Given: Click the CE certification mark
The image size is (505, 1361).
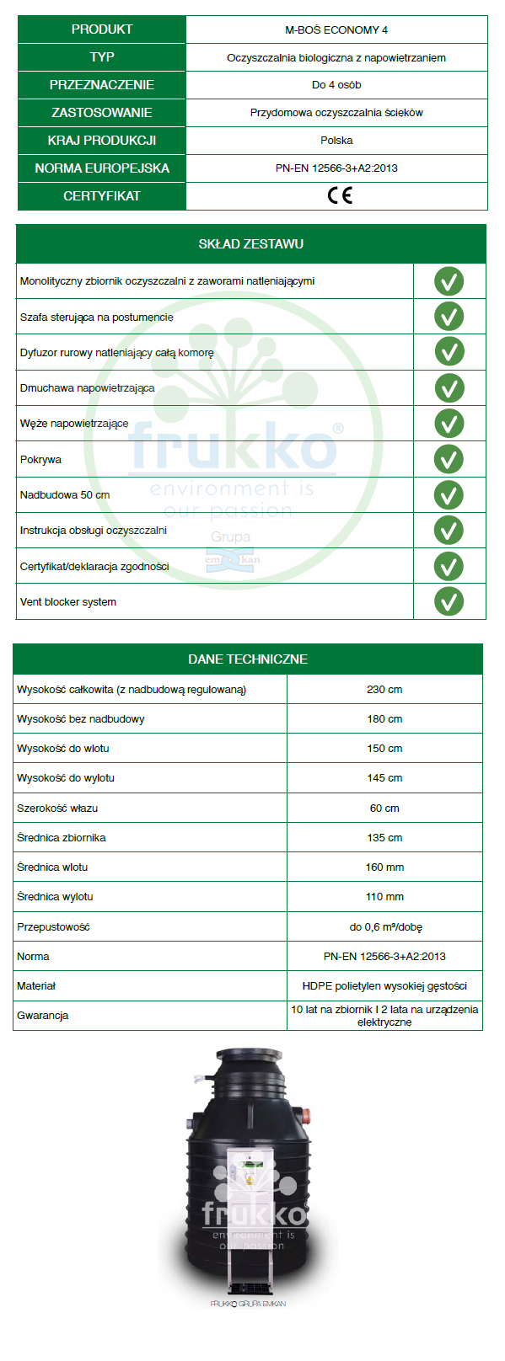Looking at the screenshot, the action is (340, 195).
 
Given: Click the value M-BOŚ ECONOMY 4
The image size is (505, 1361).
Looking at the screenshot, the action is (336, 29).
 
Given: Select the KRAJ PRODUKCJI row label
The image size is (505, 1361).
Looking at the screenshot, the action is (102, 140).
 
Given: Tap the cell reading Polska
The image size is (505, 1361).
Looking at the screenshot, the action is (336, 140).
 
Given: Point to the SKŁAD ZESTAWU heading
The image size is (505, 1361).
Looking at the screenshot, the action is (250, 243).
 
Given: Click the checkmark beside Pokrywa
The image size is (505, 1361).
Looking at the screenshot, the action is (449, 459).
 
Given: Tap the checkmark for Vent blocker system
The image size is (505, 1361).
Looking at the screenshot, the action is (449, 601).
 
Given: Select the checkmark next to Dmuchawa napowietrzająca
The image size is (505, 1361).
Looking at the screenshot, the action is (449, 387).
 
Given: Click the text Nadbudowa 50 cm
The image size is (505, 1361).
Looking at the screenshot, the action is (65, 494).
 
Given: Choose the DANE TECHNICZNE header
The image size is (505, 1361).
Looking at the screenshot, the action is (248, 659).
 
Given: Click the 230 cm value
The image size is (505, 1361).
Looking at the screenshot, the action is (384, 689).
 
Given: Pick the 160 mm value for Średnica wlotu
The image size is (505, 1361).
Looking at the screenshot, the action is (384, 867).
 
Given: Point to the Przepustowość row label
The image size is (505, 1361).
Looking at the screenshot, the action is (53, 926).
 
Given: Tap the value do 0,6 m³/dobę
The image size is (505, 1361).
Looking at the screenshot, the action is (385, 926).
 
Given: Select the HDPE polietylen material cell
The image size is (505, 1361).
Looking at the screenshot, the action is (384, 985).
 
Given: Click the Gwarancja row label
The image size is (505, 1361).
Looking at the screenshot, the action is (42, 1015).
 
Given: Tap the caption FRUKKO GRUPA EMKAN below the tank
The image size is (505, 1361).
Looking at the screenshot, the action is (248, 1304).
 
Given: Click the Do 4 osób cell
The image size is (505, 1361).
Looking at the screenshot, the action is (336, 84).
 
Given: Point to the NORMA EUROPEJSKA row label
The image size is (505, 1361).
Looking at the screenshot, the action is (102, 168).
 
